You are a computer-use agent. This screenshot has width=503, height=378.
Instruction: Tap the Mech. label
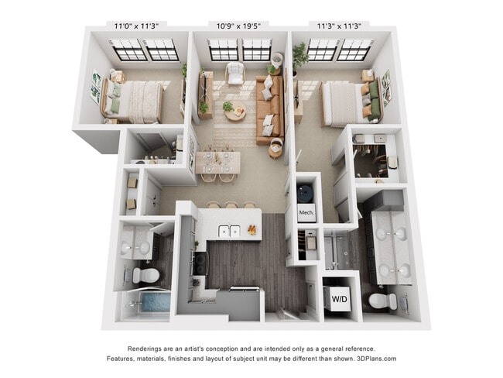[306, 211]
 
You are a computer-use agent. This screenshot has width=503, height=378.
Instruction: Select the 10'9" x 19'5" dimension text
[240, 25]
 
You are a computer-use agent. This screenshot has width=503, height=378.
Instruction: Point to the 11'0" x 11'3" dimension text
[137, 25]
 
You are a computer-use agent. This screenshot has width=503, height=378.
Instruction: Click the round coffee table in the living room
[234, 112]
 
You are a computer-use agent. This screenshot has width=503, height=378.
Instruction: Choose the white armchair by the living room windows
[234, 74]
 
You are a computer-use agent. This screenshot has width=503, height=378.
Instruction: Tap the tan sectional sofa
[270, 108]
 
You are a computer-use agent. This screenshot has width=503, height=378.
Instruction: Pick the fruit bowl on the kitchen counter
[253, 229]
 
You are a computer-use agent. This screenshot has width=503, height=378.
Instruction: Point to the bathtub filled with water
[149, 304]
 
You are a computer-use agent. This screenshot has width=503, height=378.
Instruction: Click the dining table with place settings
[217, 161]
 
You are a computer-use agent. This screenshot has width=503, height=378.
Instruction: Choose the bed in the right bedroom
[344, 101]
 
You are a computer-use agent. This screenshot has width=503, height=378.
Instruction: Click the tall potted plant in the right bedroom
[300, 56]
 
